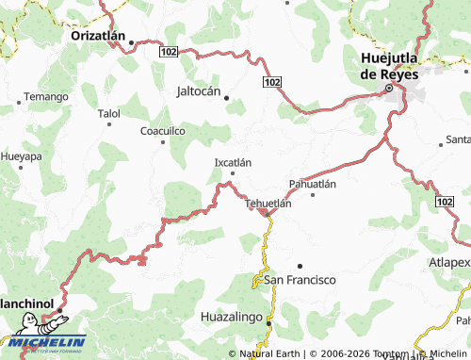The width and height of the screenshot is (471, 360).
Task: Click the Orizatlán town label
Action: click(x=98, y=34)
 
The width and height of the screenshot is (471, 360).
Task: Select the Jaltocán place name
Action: click(x=204, y=92)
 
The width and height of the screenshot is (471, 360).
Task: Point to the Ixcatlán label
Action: click(x=234, y=162)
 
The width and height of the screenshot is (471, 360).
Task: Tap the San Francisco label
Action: click(x=300, y=280)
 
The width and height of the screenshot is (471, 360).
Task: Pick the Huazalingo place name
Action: click(x=235, y=319)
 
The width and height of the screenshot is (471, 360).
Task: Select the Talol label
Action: click(x=109, y=113)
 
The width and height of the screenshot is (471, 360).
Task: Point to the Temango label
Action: click(x=46, y=97)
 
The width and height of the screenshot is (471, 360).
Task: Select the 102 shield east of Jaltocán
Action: click(x=272, y=84)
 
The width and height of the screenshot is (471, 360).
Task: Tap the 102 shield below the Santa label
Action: click(x=446, y=202)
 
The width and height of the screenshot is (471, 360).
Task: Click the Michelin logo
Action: click(x=43, y=341)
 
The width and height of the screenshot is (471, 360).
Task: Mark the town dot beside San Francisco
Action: click(x=300, y=267)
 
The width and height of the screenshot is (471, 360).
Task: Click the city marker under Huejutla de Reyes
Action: click(x=388, y=89)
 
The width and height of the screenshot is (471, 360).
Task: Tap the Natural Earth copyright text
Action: click(x=273, y=353)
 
